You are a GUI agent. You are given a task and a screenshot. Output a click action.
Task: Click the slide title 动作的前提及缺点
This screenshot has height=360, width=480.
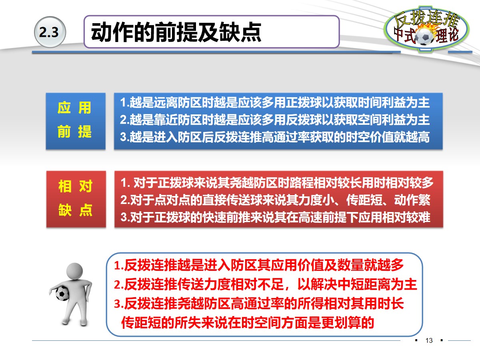pyautogui.click(x=176, y=32)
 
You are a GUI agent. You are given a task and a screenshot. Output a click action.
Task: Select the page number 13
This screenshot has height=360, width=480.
pyautogui.click(x=430, y=341)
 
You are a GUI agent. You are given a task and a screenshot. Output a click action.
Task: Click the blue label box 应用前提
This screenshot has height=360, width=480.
pyautogui.click(x=75, y=121)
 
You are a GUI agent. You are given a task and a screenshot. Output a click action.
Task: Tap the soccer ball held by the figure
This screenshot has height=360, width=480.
pyautogui.click(x=62, y=294)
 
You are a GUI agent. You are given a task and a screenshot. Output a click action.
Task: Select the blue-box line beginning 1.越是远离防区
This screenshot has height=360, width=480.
pyautogui.click(x=275, y=103)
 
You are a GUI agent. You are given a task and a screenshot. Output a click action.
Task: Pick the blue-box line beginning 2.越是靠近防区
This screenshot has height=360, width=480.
pyautogui.click(x=275, y=120)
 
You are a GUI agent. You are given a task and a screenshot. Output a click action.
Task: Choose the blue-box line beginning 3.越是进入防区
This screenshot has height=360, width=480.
pyautogui.click(x=275, y=137)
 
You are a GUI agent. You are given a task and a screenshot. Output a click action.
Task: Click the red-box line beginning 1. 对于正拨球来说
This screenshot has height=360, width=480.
pyautogui.click(x=277, y=183)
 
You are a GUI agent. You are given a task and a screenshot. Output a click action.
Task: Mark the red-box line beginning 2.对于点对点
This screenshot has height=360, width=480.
pyautogui.click(x=276, y=200)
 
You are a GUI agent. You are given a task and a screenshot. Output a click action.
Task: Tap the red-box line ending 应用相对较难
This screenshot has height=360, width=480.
pyautogui.click(x=276, y=217)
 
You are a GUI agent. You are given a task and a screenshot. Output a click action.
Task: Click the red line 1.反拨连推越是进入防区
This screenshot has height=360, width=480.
pyautogui.click(x=259, y=265)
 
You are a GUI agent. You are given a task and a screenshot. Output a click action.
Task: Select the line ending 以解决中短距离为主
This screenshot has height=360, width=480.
pyautogui.click(x=266, y=284)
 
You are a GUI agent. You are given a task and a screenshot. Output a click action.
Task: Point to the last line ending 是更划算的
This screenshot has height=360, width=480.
pyautogui.click(x=248, y=322)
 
